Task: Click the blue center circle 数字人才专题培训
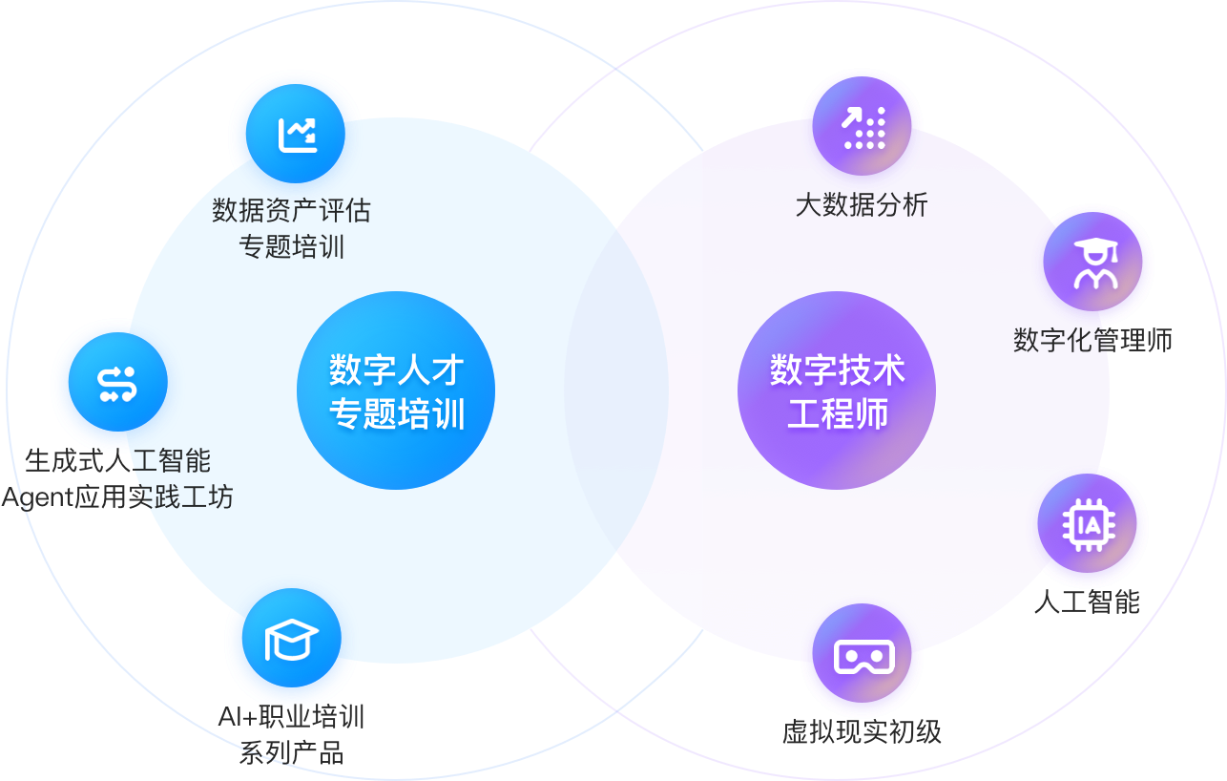coord(396,390)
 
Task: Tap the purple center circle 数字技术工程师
coord(837,390)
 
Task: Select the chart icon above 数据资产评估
coord(296,134)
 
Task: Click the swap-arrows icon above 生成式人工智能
coord(118,382)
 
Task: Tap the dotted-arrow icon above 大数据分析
coord(863,127)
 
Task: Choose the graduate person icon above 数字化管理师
coord(1092,262)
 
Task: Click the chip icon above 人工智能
coord(1087,524)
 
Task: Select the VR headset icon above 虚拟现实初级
coord(863,654)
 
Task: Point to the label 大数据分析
coord(862,204)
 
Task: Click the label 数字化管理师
coord(1092,339)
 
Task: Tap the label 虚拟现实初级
coord(862,731)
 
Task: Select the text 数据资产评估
coord(291,209)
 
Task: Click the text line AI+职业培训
coord(291,716)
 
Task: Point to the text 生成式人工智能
coord(118,461)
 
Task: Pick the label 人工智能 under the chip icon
coord(1087,602)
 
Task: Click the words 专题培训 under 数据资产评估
coord(291,247)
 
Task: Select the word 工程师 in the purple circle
coord(837,414)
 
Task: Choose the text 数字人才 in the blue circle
coord(396,369)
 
